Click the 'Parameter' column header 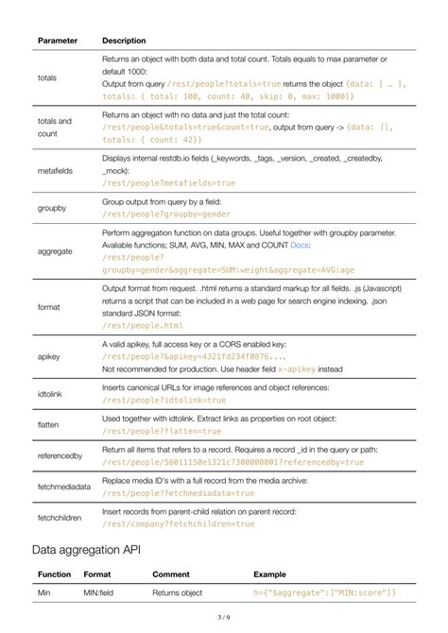click(57, 41)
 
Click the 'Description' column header click(124, 41)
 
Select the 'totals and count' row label click(54, 128)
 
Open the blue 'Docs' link click(299, 245)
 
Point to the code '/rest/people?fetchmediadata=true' click(179, 492)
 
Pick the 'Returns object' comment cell click(178, 592)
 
